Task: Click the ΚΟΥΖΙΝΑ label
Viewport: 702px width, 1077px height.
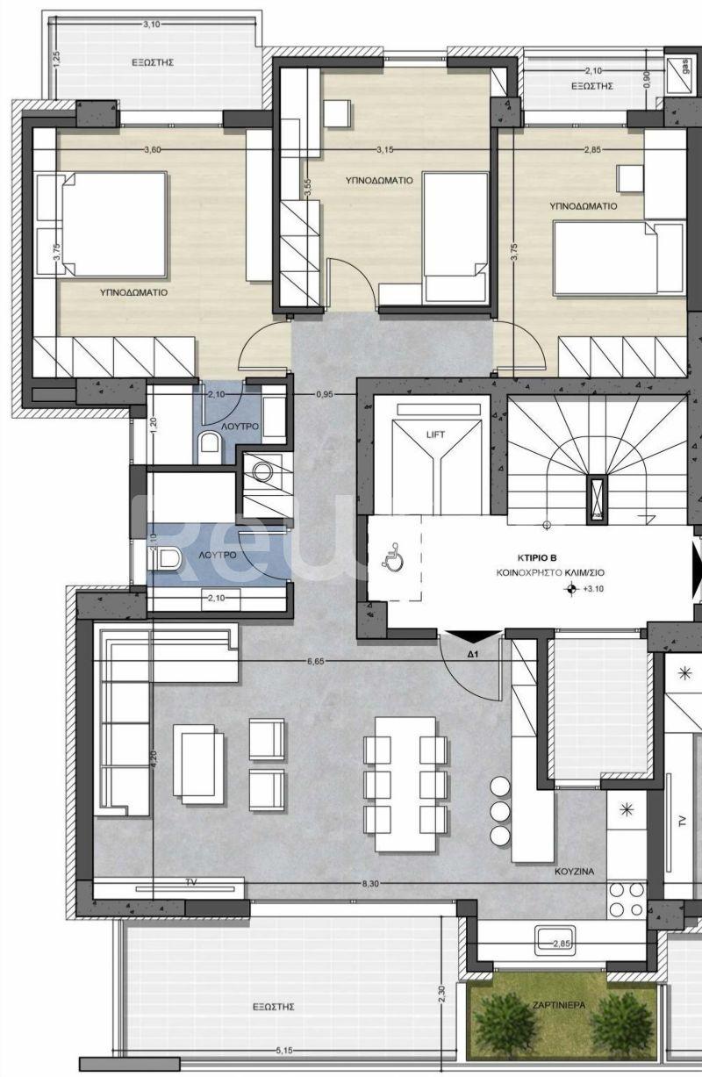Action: click(x=575, y=872)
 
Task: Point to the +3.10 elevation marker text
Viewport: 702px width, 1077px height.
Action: click(x=595, y=591)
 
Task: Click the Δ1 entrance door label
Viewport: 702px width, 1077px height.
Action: click(x=471, y=655)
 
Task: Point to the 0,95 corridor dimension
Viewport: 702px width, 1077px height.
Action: click(x=324, y=394)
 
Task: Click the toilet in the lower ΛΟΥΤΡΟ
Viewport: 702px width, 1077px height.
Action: click(x=167, y=556)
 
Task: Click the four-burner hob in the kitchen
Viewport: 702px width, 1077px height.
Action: click(x=627, y=898)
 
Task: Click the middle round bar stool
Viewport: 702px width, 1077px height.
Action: click(x=500, y=808)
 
